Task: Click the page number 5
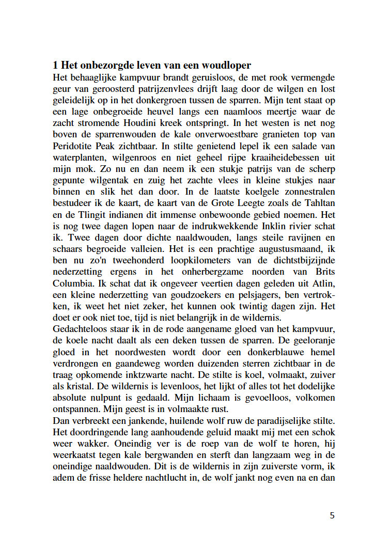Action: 332,516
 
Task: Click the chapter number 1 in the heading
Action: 55,66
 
